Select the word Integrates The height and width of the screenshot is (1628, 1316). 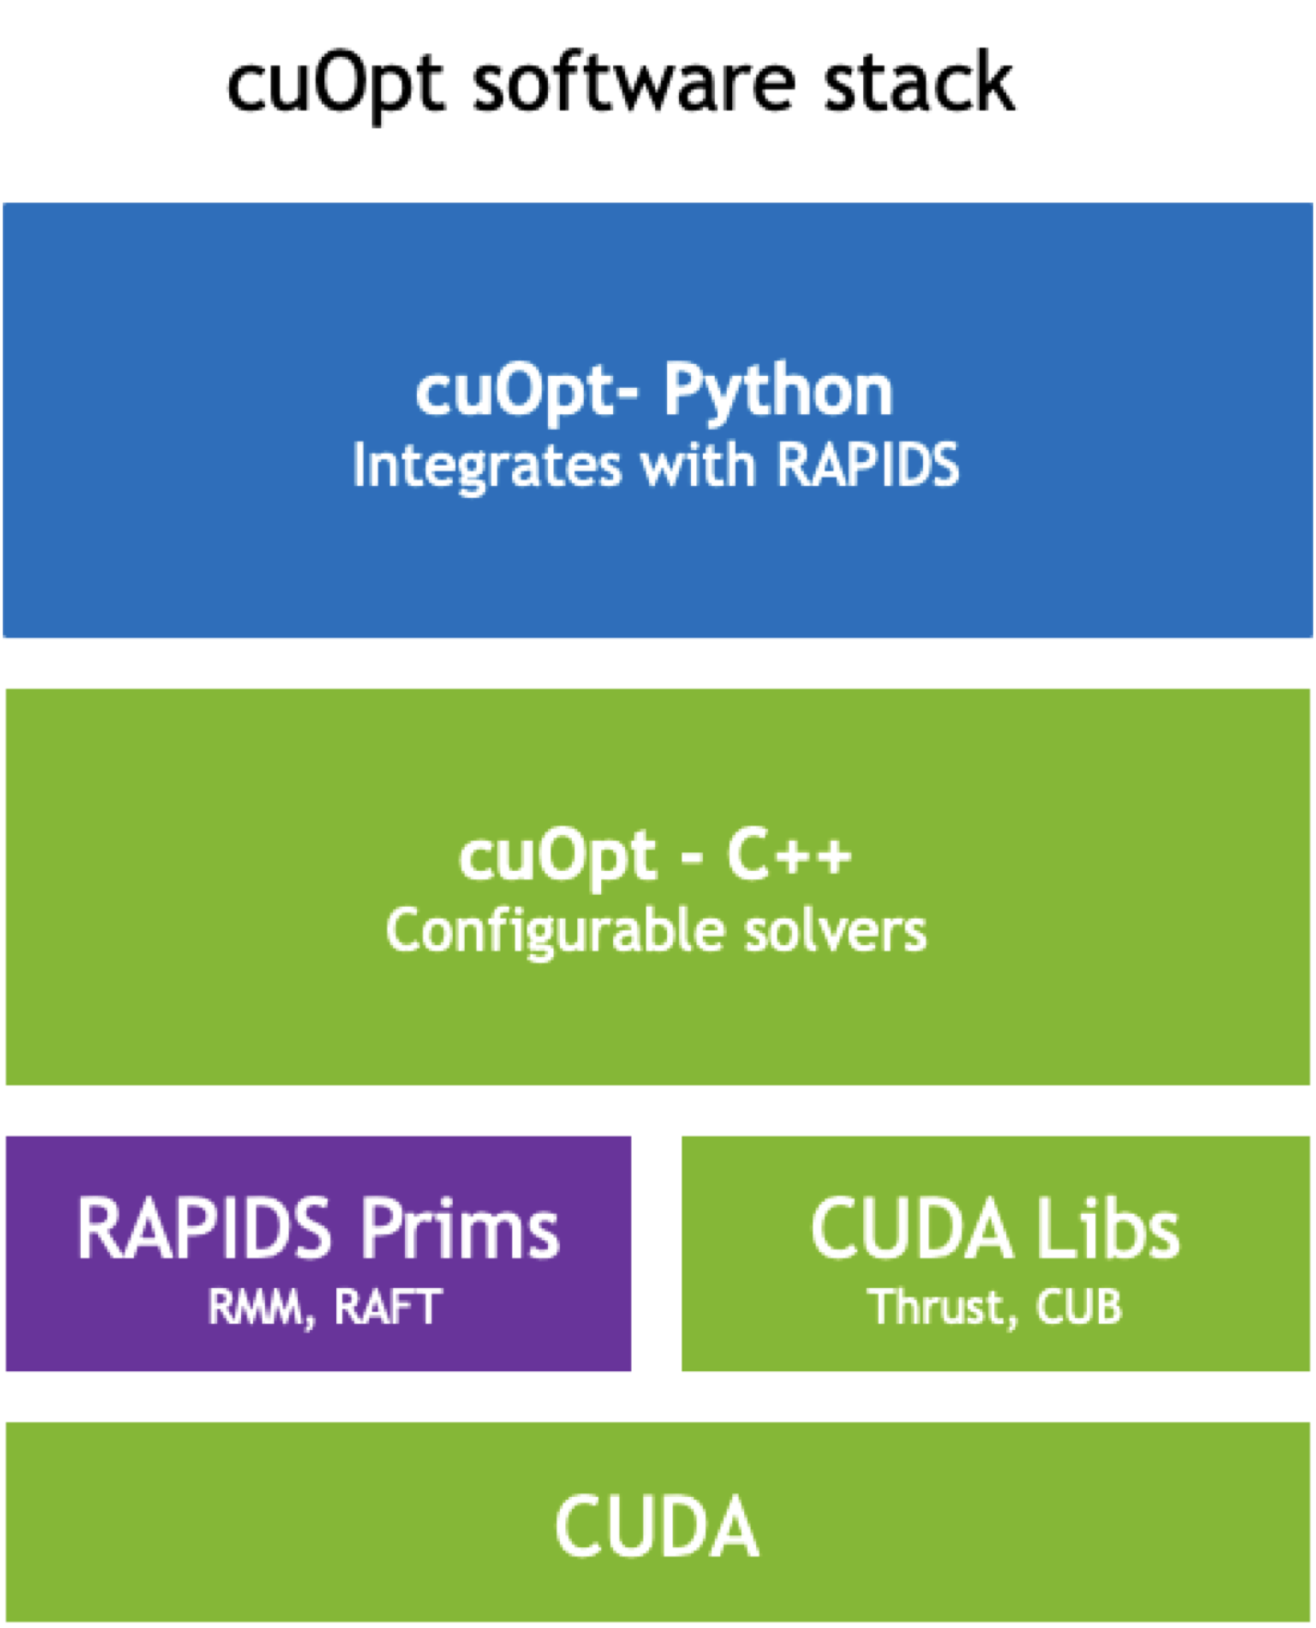[x=487, y=466]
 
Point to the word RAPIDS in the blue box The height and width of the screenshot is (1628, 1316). [x=867, y=464]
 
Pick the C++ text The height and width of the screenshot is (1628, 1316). [x=789, y=856]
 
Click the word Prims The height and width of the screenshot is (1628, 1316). [x=458, y=1228]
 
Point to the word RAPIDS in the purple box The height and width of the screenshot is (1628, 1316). [x=203, y=1228]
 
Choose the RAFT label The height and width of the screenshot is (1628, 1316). [x=388, y=1307]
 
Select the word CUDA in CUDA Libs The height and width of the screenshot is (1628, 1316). [x=911, y=1228]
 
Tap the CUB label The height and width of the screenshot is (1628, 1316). [x=1079, y=1307]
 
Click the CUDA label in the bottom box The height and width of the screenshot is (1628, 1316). [x=656, y=1526]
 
